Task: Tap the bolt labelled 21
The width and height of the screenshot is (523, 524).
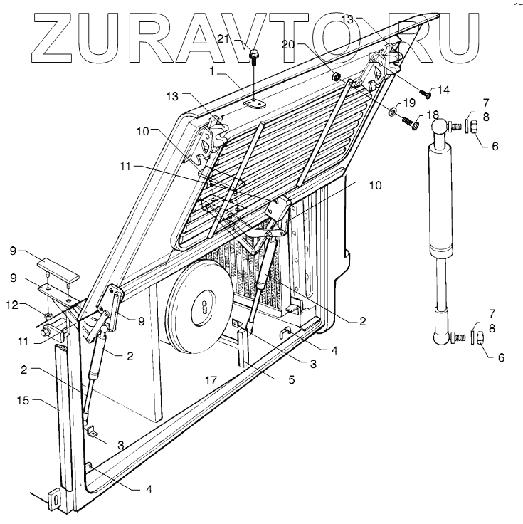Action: coord(254,56)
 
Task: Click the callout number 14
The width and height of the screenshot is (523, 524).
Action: coord(444,90)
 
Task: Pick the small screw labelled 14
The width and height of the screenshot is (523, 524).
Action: coord(425,93)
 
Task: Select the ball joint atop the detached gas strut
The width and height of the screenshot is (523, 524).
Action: coord(438,126)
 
